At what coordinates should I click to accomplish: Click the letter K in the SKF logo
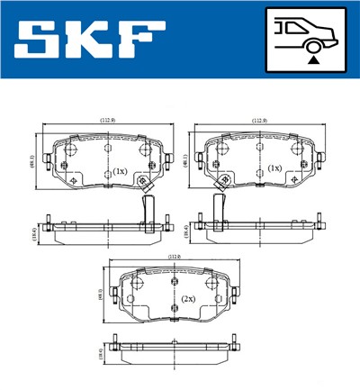(91, 41)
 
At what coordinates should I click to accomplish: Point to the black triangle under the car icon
(312, 59)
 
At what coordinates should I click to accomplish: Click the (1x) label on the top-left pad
(119, 170)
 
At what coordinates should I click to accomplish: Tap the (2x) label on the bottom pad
(189, 298)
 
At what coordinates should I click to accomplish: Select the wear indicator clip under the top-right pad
(217, 208)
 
